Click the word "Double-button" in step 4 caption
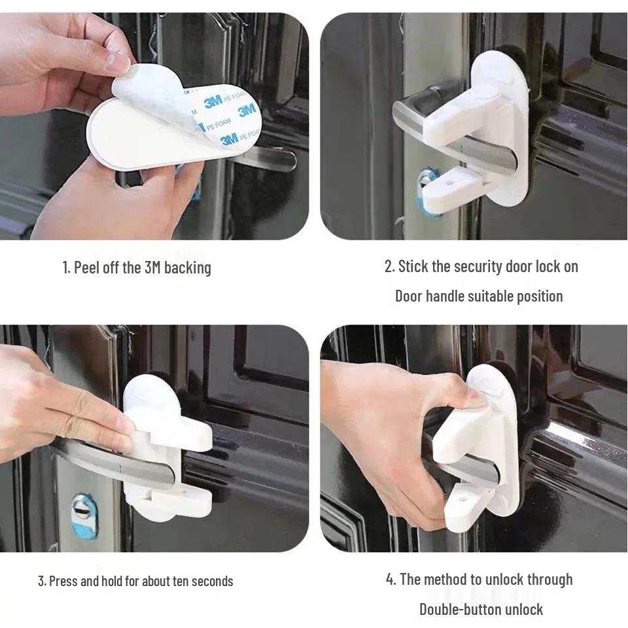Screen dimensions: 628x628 coord(460,610)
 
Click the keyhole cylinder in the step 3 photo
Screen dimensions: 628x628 coord(84,516)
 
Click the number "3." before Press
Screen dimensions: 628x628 coord(43,581)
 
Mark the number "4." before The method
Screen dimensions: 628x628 coord(391,580)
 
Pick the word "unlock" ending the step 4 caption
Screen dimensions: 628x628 coord(524,610)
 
